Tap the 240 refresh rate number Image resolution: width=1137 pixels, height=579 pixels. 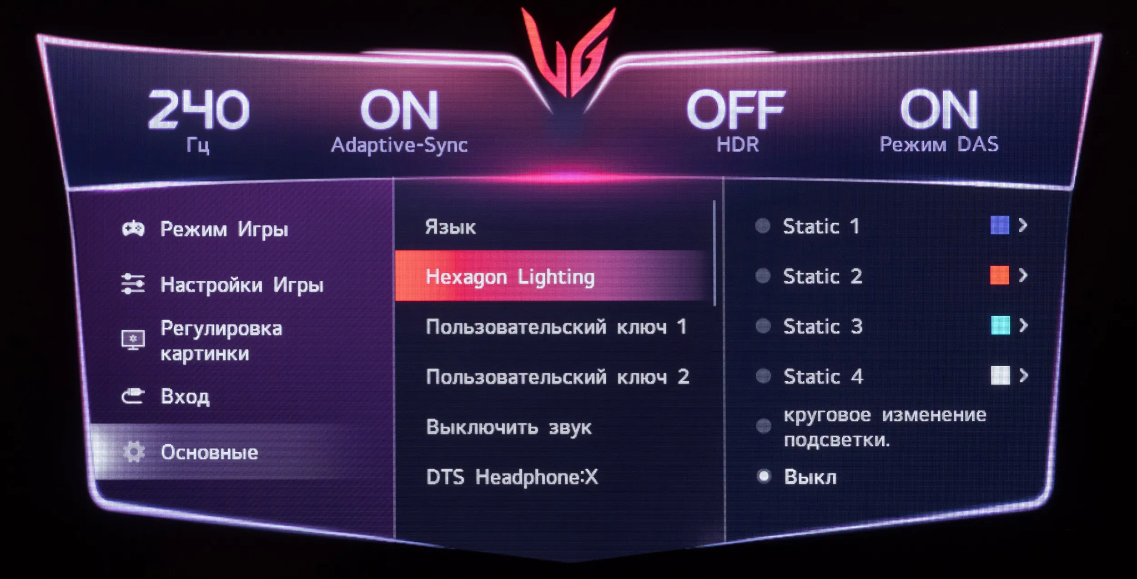[x=198, y=110]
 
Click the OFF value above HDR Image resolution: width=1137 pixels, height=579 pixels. [x=735, y=110]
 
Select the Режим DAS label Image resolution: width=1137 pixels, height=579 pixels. [x=939, y=145]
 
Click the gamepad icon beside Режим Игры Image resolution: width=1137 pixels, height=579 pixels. [x=133, y=229]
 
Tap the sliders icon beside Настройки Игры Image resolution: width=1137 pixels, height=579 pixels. [x=133, y=284]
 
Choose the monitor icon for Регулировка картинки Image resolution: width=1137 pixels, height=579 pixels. [x=133, y=340]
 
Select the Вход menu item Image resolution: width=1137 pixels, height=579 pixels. [x=185, y=397]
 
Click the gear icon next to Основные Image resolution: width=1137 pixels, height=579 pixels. [x=133, y=452]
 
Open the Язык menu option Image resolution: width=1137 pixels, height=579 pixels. [x=450, y=227]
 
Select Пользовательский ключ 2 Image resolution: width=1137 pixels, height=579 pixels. [x=558, y=377]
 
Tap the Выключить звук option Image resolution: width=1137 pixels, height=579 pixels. [x=509, y=427]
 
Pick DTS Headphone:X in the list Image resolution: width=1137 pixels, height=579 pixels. [x=512, y=477]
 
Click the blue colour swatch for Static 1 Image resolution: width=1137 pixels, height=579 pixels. [x=1000, y=225]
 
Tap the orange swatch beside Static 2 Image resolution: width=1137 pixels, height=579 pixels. [x=1000, y=275]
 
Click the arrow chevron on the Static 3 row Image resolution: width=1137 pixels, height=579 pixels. [x=1023, y=325]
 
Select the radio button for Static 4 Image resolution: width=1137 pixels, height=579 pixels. [x=763, y=376]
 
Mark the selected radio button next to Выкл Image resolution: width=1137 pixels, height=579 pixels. [x=764, y=476]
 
